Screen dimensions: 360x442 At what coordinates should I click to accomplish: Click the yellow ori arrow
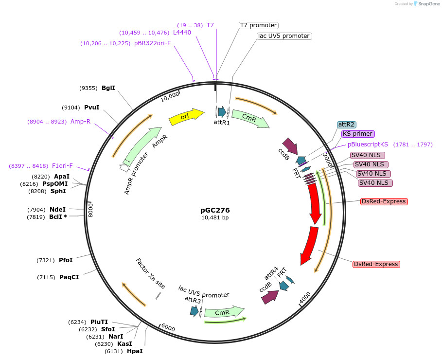point(186,117)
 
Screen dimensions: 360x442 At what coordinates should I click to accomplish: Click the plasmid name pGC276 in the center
point(215,210)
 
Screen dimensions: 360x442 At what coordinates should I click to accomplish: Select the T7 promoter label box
point(258,25)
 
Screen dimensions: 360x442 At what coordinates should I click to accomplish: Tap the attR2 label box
point(346,125)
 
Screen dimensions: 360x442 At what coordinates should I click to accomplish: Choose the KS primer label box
point(357,134)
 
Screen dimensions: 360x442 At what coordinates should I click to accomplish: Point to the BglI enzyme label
point(108,88)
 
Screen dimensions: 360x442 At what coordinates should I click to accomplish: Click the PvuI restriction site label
point(91,108)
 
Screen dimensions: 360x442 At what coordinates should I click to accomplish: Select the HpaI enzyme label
point(135,351)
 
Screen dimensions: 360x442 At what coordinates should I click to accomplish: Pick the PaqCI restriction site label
point(69,277)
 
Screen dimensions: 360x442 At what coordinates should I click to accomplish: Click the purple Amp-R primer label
point(80,122)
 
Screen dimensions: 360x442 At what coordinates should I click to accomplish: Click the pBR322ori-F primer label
point(153,43)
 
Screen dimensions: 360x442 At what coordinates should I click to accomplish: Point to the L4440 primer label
point(182,33)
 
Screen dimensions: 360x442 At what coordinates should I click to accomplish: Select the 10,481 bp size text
point(215,218)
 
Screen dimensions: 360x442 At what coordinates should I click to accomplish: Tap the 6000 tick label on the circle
point(168,328)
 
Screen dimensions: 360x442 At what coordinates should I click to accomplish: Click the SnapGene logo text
point(426,4)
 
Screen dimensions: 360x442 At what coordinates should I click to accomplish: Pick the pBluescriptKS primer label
point(368,144)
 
